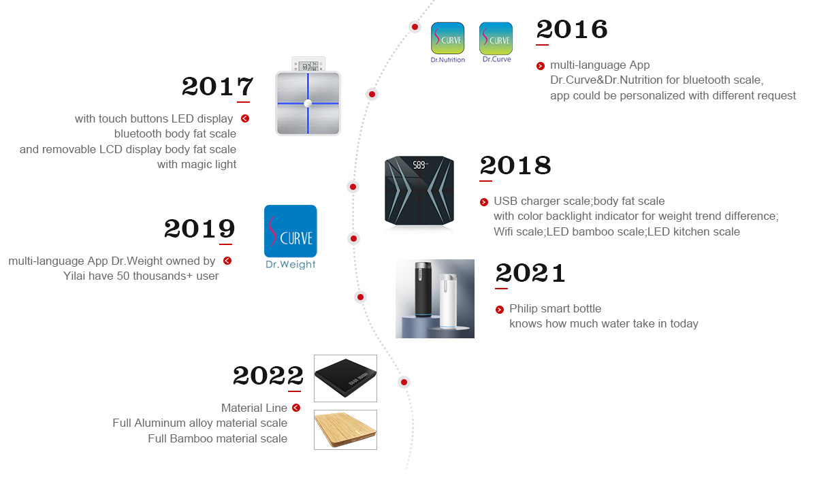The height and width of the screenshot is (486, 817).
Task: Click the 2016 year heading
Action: point(571,29)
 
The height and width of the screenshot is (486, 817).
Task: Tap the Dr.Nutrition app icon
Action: point(447,38)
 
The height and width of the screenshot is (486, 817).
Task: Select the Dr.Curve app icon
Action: point(496,38)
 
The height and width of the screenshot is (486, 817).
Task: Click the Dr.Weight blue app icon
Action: point(290,231)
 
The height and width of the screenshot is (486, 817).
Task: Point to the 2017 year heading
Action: point(217,86)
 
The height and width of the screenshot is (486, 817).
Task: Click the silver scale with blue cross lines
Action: point(308,103)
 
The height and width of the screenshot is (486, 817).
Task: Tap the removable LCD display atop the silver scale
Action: point(308,65)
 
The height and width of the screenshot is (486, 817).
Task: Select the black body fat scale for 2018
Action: point(419,191)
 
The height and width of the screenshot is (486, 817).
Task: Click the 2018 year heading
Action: point(515,165)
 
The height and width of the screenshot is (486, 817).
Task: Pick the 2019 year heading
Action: point(199,229)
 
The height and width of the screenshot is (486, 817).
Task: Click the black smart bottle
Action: point(423,289)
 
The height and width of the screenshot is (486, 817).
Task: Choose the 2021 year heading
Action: point(530,273)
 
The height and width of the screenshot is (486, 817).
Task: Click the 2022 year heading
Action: point(268,376)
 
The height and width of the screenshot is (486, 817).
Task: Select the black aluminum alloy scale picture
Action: point(345,378)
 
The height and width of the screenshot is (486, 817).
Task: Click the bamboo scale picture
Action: point(345,430)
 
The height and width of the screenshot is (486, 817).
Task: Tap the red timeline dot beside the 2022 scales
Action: point(404,382)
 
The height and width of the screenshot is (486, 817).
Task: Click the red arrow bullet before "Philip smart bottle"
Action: point(499,310)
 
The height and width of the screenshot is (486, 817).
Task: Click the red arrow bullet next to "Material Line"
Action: point(296,408)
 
